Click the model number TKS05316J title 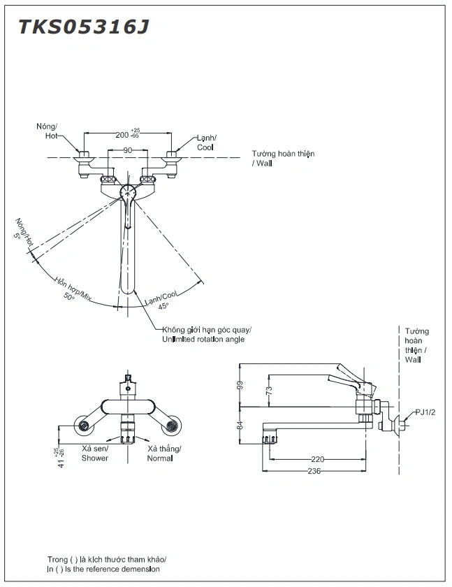(x=83, y=27)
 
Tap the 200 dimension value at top (x=122, y=134)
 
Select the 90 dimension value (x=127, y=150)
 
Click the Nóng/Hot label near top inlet (x=48, y=131)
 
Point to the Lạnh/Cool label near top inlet (x=205, y=143)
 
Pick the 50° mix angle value (x=68, y=296)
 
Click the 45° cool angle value (x=163, y=305)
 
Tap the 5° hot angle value (x=18, y=235)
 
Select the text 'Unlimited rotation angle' (x=203, y=340)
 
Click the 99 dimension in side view (x=240, y=384)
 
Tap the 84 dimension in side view (x=240, y=423)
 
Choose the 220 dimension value (x=318, y=459)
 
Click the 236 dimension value (x=314, y=471)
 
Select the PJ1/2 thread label (x=425, y=412)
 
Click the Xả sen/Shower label (x=94, y=453)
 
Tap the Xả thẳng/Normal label (x=164, y=453)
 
